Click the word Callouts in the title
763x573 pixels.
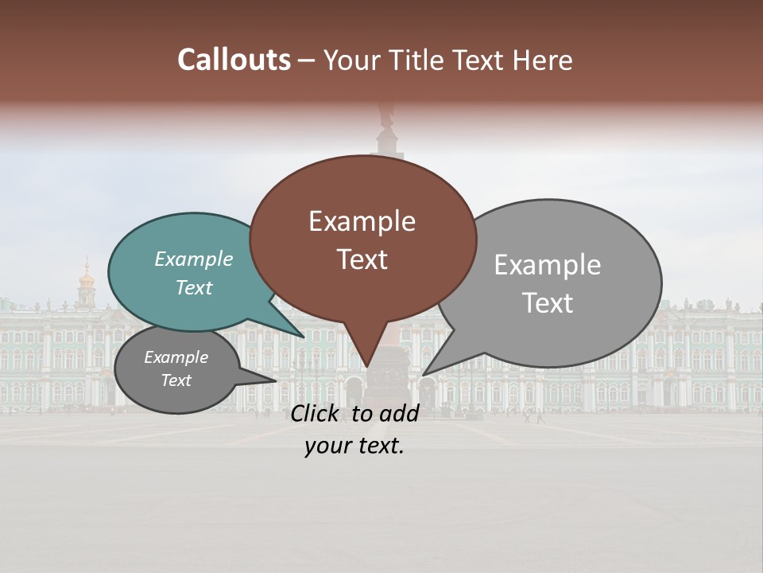(x=234, y=60)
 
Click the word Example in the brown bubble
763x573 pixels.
(x=362, y=221)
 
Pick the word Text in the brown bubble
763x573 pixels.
(x=362, y=259)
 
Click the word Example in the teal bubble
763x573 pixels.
(x=194, y=259)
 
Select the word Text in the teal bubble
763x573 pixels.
(x=194, y=288)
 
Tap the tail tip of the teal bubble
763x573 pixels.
(x=304, y=337)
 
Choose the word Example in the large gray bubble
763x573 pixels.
(x=547, y=265)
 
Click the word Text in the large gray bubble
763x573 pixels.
(x=547, y=303)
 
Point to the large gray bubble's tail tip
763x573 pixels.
(x=424, y=374)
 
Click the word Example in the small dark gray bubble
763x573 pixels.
(x=176, y=357)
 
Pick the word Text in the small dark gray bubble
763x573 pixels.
(x=176, y=380)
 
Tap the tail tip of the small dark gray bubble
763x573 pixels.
(x=276, y=380)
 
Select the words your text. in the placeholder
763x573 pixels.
(x=354, y=446)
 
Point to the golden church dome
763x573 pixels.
(x=86, y=279)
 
